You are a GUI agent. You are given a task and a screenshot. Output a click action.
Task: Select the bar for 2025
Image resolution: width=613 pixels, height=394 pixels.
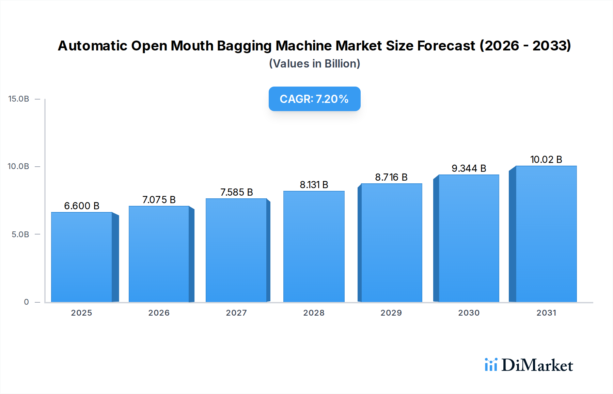82,257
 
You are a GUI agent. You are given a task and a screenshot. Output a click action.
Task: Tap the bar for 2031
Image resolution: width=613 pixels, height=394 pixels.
546,234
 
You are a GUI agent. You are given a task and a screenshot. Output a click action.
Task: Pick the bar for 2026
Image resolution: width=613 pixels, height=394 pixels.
159,254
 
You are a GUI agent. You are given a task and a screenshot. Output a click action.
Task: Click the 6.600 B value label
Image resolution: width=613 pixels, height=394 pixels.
82,206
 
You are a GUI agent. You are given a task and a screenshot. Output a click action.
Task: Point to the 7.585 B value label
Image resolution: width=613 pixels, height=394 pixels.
237,192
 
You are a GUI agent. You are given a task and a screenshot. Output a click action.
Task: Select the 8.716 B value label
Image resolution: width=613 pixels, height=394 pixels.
391,177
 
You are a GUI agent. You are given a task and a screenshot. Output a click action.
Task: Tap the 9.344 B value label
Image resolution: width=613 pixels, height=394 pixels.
469,168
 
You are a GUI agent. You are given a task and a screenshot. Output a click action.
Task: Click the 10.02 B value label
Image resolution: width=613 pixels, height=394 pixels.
546,160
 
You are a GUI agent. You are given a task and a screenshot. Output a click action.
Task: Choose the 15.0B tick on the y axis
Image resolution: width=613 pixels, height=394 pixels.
19,99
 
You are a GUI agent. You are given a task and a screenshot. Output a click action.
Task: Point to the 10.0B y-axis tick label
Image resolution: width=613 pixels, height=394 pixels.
19,166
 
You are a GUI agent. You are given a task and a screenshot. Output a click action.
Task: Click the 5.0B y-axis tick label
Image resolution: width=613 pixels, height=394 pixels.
20,234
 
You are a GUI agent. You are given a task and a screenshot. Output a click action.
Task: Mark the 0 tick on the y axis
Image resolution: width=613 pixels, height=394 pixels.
27,302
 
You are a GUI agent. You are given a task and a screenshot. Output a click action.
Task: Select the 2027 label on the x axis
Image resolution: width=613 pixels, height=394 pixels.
236,313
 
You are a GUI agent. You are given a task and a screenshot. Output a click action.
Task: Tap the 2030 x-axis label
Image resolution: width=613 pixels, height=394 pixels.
469,313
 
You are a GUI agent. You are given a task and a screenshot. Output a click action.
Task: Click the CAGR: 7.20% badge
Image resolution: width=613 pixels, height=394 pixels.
314,99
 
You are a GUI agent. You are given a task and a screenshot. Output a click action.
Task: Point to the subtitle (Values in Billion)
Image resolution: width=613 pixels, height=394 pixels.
314,64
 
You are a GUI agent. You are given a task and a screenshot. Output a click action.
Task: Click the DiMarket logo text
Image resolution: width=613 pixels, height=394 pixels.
537,365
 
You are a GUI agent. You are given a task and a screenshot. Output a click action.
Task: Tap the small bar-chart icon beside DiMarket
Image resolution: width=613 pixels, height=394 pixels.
491,365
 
